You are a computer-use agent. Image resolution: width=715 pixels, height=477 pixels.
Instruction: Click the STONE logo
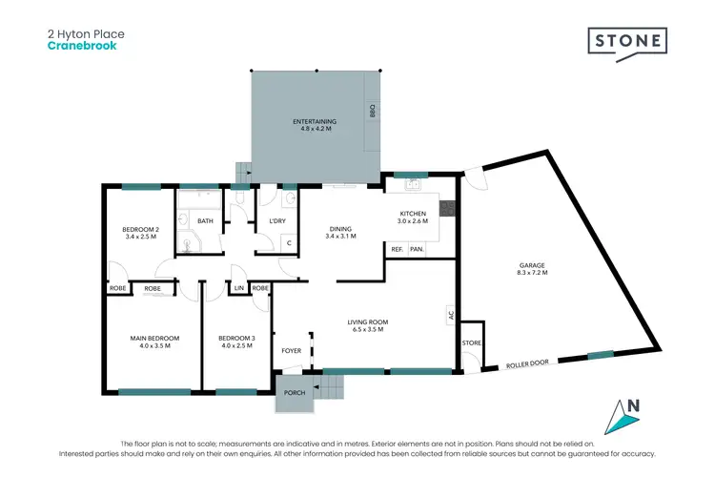coord(625,43)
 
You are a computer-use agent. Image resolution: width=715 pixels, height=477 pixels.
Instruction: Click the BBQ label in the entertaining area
coord(373,112)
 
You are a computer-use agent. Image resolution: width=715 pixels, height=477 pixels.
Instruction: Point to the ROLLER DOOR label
coord(529,363)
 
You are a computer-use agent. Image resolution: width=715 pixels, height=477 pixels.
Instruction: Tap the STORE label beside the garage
coord(471,343)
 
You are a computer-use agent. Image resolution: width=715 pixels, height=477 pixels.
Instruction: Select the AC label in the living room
coord(450,313)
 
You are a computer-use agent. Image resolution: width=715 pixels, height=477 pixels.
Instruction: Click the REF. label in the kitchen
coord(397,250)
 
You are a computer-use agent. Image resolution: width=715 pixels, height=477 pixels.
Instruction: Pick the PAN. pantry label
coord(417,250)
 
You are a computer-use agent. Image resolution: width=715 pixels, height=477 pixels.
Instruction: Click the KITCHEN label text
coord(411,214)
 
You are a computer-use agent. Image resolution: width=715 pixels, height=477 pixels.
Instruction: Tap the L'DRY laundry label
coord(277,221)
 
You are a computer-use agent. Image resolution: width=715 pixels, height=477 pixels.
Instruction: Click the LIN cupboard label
coord(239,287)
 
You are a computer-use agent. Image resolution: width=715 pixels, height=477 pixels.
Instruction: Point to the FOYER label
coord(292,350)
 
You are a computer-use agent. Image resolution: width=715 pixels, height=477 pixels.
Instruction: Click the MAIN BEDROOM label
coord(154,338)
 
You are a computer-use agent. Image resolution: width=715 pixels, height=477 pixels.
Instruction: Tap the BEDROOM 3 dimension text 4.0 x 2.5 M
coord(236,346)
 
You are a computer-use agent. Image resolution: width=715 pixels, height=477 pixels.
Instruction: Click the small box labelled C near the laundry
coord(289,242)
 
